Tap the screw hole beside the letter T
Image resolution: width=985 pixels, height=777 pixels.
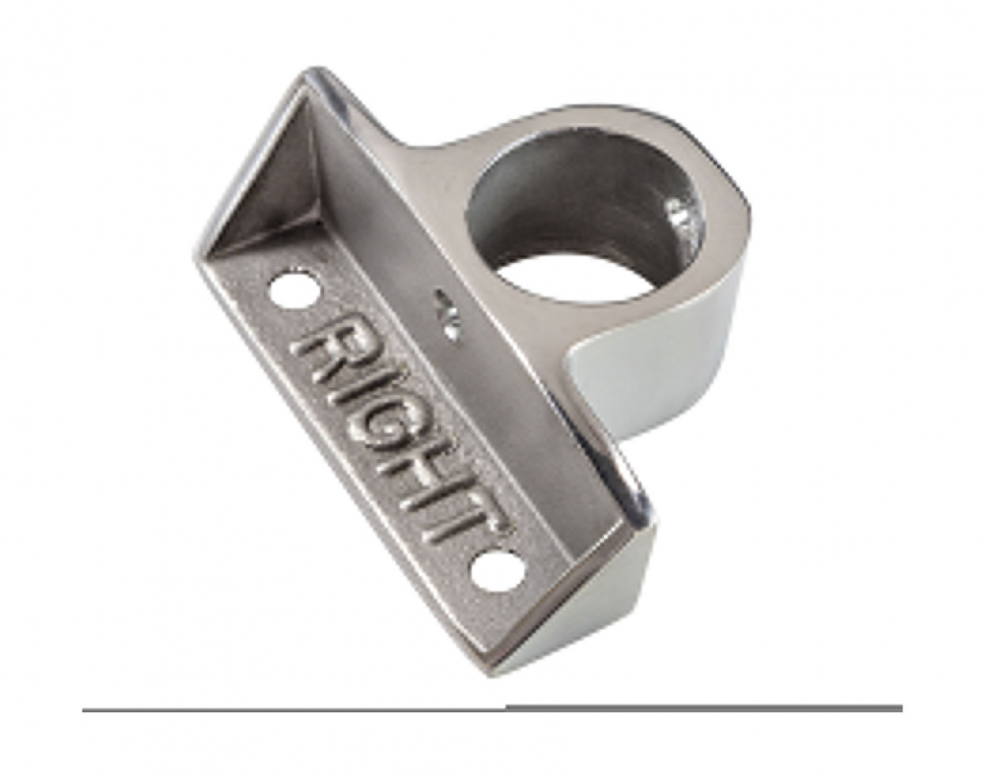click(x=494, y=573)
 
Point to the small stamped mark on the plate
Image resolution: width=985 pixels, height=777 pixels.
click(x=445, y=316)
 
